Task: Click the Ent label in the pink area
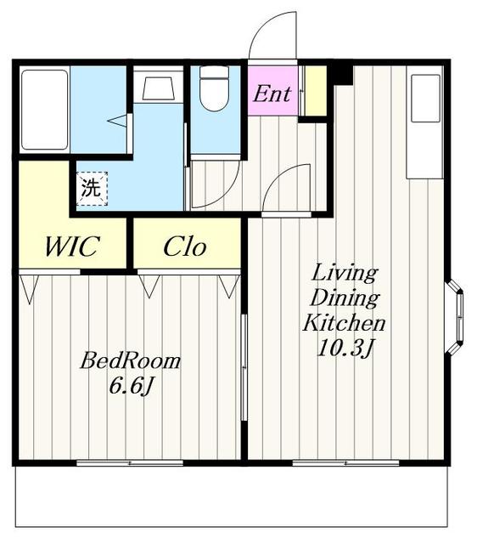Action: click(272, 93)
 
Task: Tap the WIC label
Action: click(72, 246)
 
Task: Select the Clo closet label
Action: click(185, 246)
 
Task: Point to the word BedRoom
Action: click(130, 360)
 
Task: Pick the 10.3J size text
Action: click(345, 348)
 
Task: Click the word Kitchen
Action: click(344, 323)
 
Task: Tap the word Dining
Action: click(345, 298)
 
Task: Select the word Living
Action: click(345, 273)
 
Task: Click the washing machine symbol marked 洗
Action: click(92, 189)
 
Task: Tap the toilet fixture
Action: click(215, 88)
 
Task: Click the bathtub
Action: click(44, 110)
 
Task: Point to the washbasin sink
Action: click(159, 88)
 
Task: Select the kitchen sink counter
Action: click(425, 122)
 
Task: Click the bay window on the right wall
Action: click(454, 318)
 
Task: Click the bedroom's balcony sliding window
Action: click(130, 462)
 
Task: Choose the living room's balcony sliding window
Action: click(345, 462)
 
